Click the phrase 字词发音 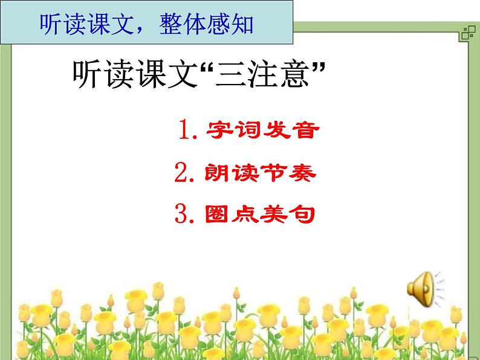pyautogui.click(x=261, y=130)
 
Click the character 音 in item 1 pyautogui.click(x=303, y=130)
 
